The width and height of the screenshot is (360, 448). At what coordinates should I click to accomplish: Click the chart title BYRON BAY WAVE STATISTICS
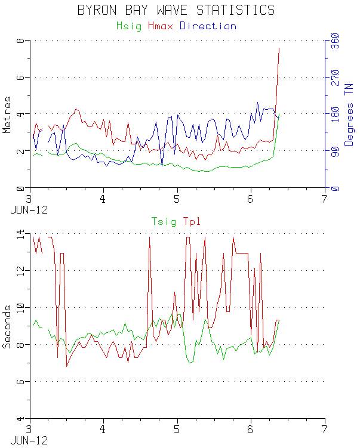coord(176,10)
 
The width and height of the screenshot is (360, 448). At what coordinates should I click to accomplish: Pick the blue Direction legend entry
coord(208,26)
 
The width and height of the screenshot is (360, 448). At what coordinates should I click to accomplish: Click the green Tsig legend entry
coord(164,222)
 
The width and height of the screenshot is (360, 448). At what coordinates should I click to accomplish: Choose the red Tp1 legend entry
coord(192,222)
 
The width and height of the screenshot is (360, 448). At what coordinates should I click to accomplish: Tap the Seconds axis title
coord(8,326)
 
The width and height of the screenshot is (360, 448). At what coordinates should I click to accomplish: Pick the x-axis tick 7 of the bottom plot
coord(324,429)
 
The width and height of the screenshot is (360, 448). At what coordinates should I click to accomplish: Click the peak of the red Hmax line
coord(279,48)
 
